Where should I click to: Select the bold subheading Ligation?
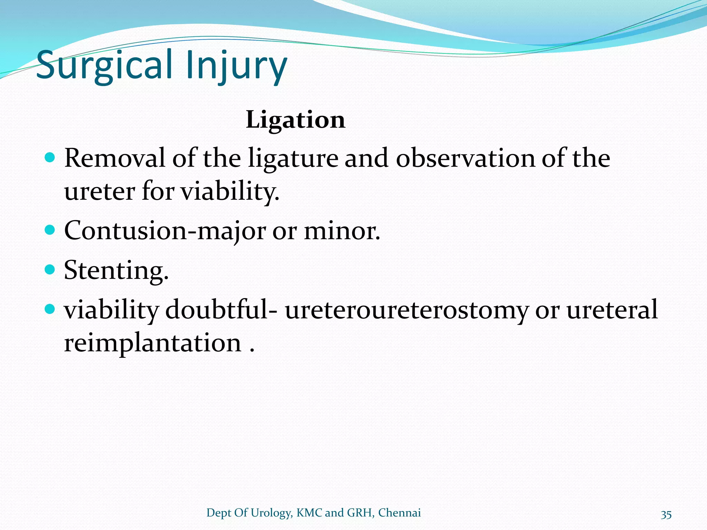296,120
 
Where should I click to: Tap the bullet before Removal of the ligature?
50,158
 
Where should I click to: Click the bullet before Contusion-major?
50,230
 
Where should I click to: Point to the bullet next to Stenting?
50,269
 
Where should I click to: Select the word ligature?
293,159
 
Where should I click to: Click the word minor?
342,231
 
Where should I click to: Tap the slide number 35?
666,514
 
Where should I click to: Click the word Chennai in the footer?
399,513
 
